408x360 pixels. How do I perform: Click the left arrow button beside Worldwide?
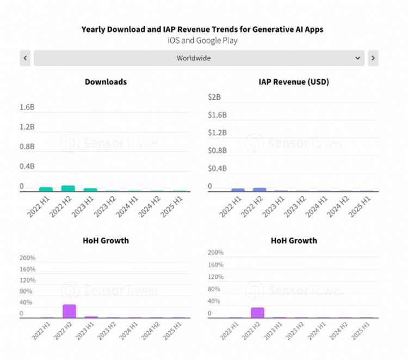(x=25, y=58)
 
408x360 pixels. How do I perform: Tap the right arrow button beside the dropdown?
(x=373, y=58)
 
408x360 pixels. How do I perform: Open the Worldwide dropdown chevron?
(x=357, y=58)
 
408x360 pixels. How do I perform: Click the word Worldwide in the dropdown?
(x=194, y=58)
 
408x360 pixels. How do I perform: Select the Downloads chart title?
(x=106, y=82)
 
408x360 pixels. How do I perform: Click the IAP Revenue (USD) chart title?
(x=294, y=82)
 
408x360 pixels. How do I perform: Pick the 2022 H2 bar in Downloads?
(x=68, y=188)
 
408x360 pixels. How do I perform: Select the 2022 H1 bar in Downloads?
(x=46, y=189)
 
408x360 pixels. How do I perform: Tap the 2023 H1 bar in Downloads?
(x=90, y=190)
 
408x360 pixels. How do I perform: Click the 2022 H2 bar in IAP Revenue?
(x=259, y=190)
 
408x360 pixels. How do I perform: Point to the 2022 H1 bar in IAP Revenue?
(x=238, y=190)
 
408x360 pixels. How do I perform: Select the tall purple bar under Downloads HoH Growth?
(x=69, y=311)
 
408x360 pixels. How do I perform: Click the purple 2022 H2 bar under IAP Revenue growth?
(x=258, y=313)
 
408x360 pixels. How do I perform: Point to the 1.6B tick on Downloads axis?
(x=27, y=107)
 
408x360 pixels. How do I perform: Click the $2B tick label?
(x=214, y=97)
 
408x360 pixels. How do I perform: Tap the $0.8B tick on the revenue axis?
(x=218, y=150)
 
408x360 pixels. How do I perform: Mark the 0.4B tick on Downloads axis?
(x=27, y=166)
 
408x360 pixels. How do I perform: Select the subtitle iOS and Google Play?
(x=202, y=40)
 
